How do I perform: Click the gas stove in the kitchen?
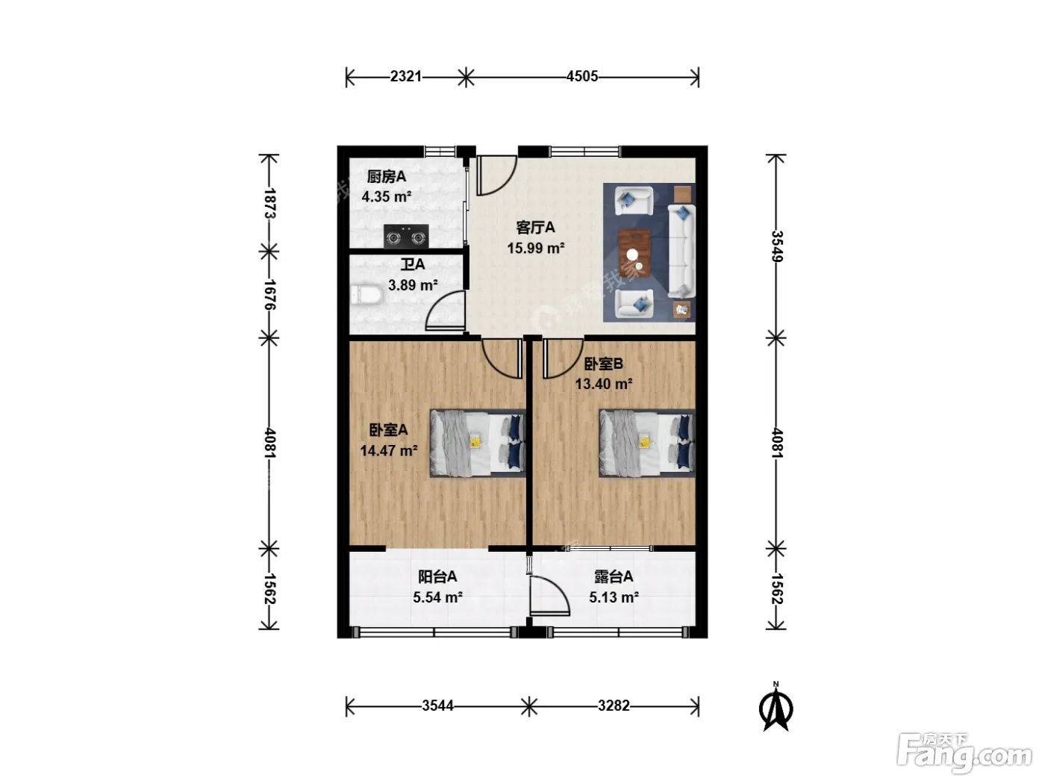405,236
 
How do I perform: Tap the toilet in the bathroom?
366,295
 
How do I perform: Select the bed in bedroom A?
478,444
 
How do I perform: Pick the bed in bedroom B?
647,444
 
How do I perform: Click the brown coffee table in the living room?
634,252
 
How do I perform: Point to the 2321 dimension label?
405,76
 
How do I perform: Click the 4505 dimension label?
581,76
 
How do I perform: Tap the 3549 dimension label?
776,246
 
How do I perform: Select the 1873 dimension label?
270,203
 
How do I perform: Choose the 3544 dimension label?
437,706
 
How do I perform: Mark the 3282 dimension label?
614,706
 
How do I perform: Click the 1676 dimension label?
270,295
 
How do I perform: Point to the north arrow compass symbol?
776,707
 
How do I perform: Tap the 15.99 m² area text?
536,249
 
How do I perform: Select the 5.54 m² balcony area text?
437,597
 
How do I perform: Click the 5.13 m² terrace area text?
614,597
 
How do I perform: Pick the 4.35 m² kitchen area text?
386,196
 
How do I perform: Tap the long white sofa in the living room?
681,252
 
